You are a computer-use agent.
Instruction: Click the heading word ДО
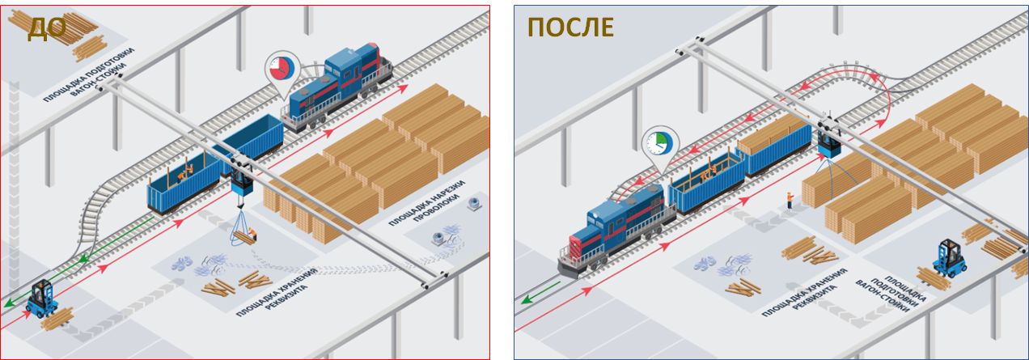[47, 28]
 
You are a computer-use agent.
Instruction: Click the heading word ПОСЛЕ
[570, 27]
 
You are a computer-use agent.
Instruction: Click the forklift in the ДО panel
[41, 299]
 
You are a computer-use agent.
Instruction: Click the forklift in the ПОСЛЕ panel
[949, 259]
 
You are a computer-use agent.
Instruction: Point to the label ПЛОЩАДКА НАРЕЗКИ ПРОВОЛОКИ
[427, 203]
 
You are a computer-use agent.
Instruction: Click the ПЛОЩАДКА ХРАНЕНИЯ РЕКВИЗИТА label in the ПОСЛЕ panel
[804, 293]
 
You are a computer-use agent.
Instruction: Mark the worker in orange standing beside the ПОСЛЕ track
[790, 200]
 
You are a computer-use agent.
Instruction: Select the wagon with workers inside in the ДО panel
[184, 183]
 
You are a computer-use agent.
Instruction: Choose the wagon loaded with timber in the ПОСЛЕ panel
[774, 145]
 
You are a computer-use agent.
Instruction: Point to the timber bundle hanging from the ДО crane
[245, 237]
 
